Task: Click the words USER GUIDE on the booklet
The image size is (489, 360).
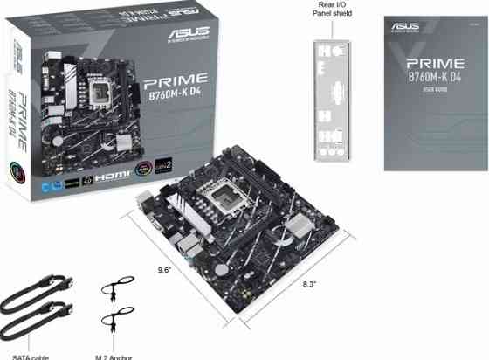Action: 434,89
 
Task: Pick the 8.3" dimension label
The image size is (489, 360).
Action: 310,285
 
